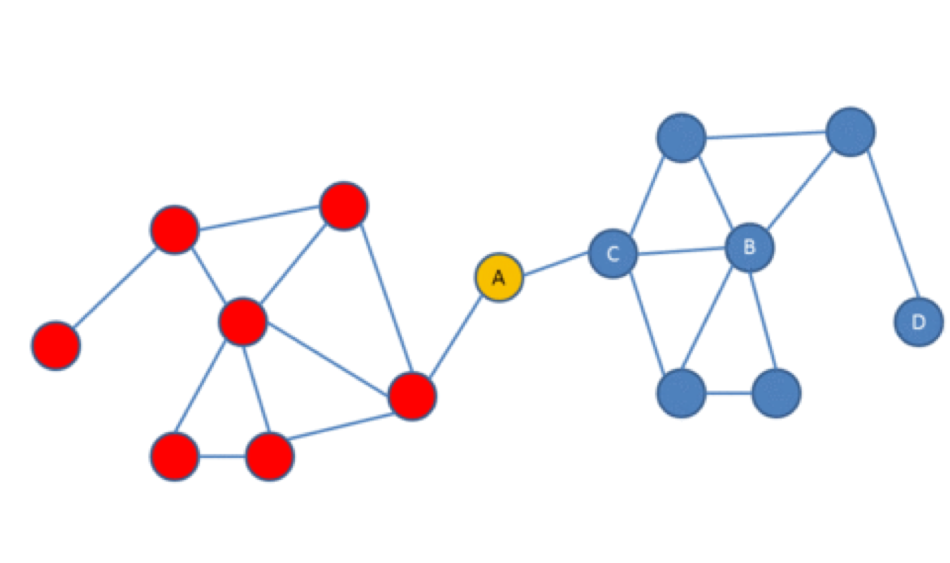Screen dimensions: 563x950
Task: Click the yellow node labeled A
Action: (498, 277)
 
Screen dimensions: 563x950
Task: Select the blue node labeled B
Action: (749, 248)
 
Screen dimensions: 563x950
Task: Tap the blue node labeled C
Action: (612, 253)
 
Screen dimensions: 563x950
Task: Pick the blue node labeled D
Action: (918, 322)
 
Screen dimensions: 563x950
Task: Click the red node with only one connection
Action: (56, 345)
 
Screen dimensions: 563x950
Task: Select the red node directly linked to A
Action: (412, 396)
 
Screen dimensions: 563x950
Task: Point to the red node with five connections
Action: (243, 322)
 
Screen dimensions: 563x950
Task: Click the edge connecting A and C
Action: (556, 265)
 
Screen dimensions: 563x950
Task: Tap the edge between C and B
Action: (681, 251)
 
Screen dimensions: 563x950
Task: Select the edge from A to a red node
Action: (455, 336)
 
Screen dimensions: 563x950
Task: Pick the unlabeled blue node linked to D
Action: (850, 132)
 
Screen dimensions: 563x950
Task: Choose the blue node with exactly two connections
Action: (775, 393)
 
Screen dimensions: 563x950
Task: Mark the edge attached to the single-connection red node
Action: (115, 287)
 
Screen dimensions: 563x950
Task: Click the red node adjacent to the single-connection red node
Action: (175, 229)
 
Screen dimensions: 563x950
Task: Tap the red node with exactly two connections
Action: (175, 456)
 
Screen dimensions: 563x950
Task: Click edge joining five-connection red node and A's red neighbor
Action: (327, 359)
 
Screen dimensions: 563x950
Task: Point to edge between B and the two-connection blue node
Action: (762, 320)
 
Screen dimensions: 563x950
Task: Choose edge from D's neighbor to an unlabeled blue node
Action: (766, 134)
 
